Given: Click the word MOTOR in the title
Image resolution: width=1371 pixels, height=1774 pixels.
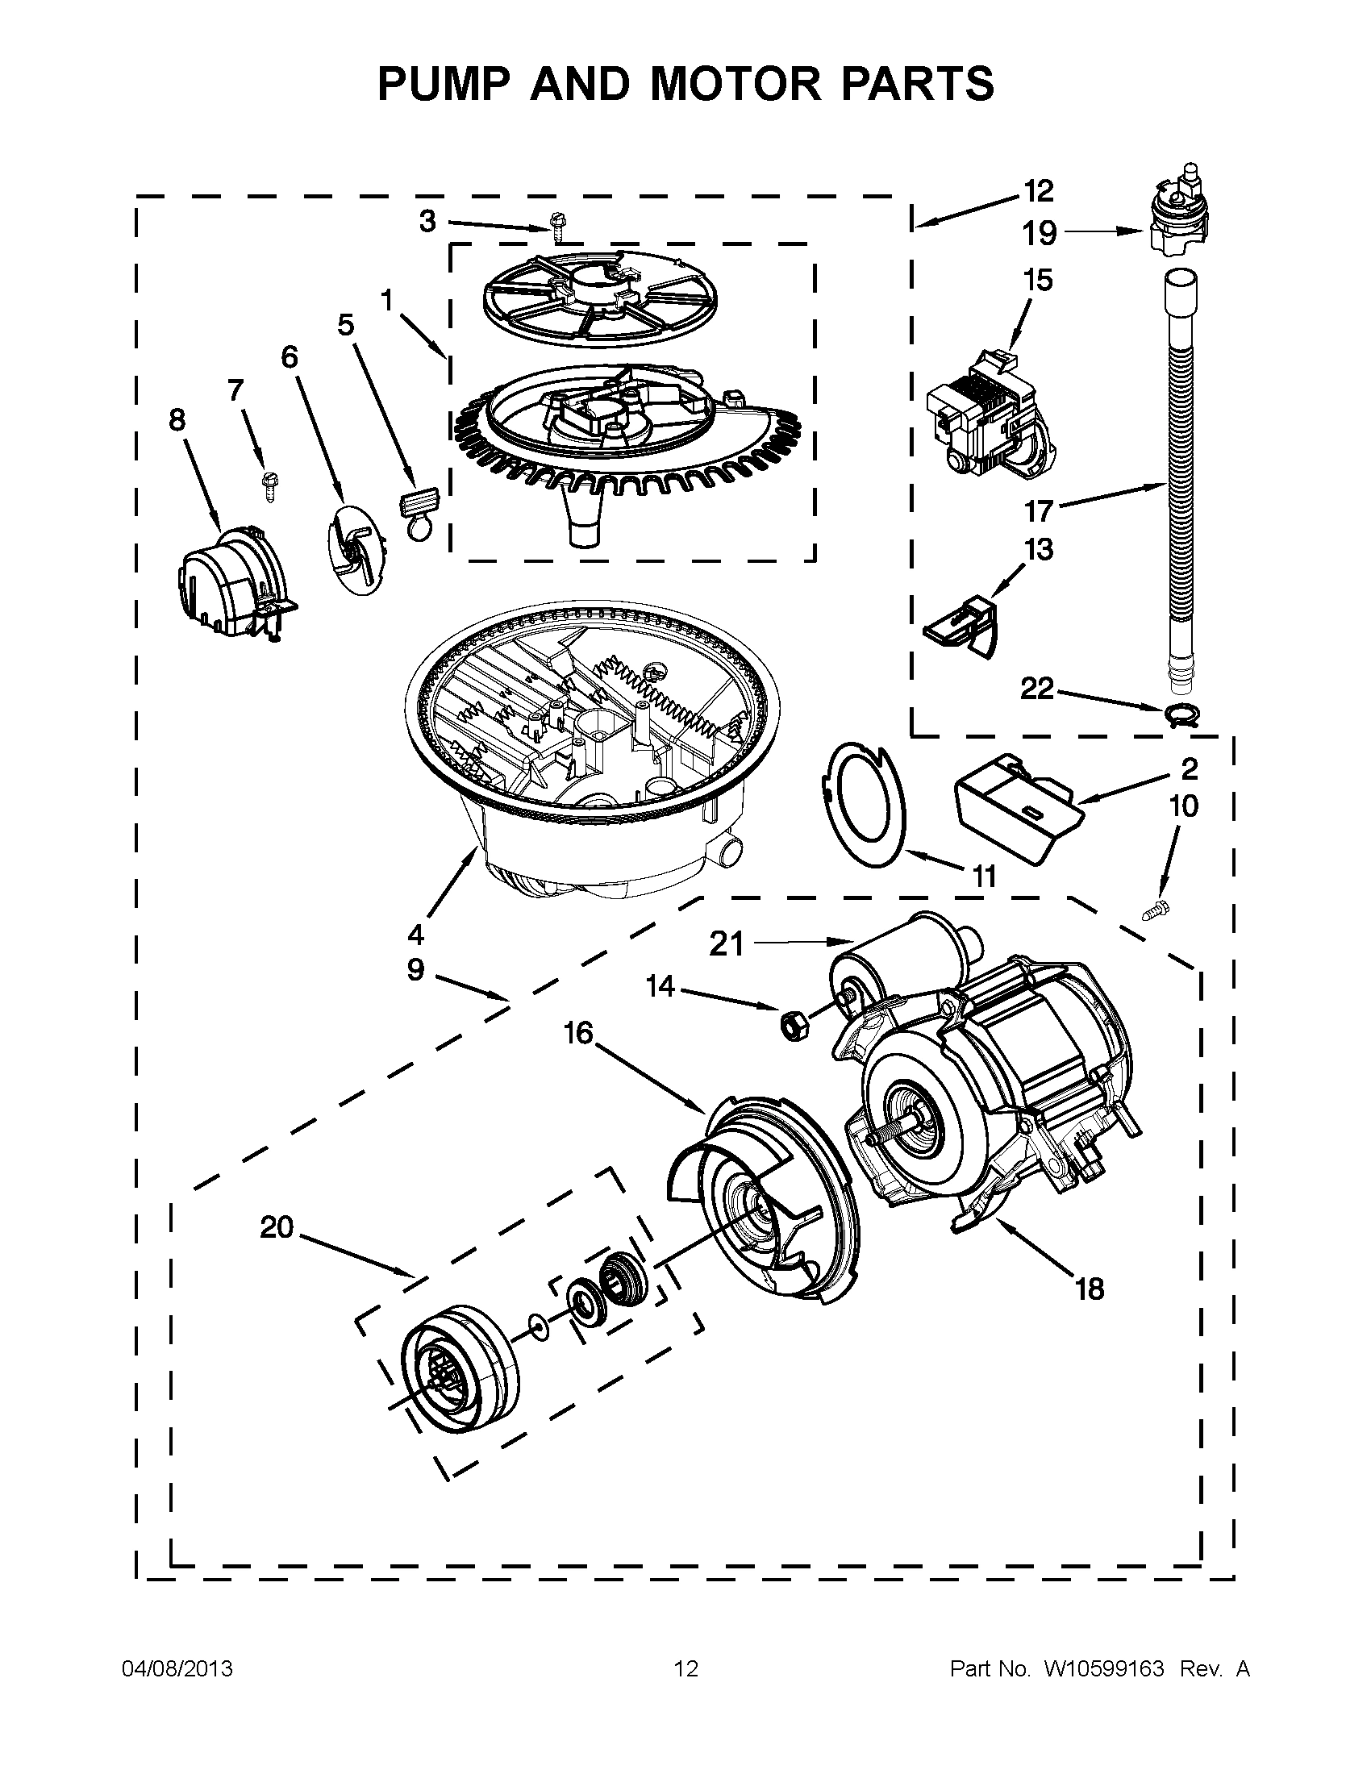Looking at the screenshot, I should coord(735,84).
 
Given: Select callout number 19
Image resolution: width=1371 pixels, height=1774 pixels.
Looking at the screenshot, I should coord(1039,234).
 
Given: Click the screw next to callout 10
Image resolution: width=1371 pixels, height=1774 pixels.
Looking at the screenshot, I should coord(1155,910).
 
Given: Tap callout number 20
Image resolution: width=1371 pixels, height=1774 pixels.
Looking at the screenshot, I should coord(276,1226).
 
